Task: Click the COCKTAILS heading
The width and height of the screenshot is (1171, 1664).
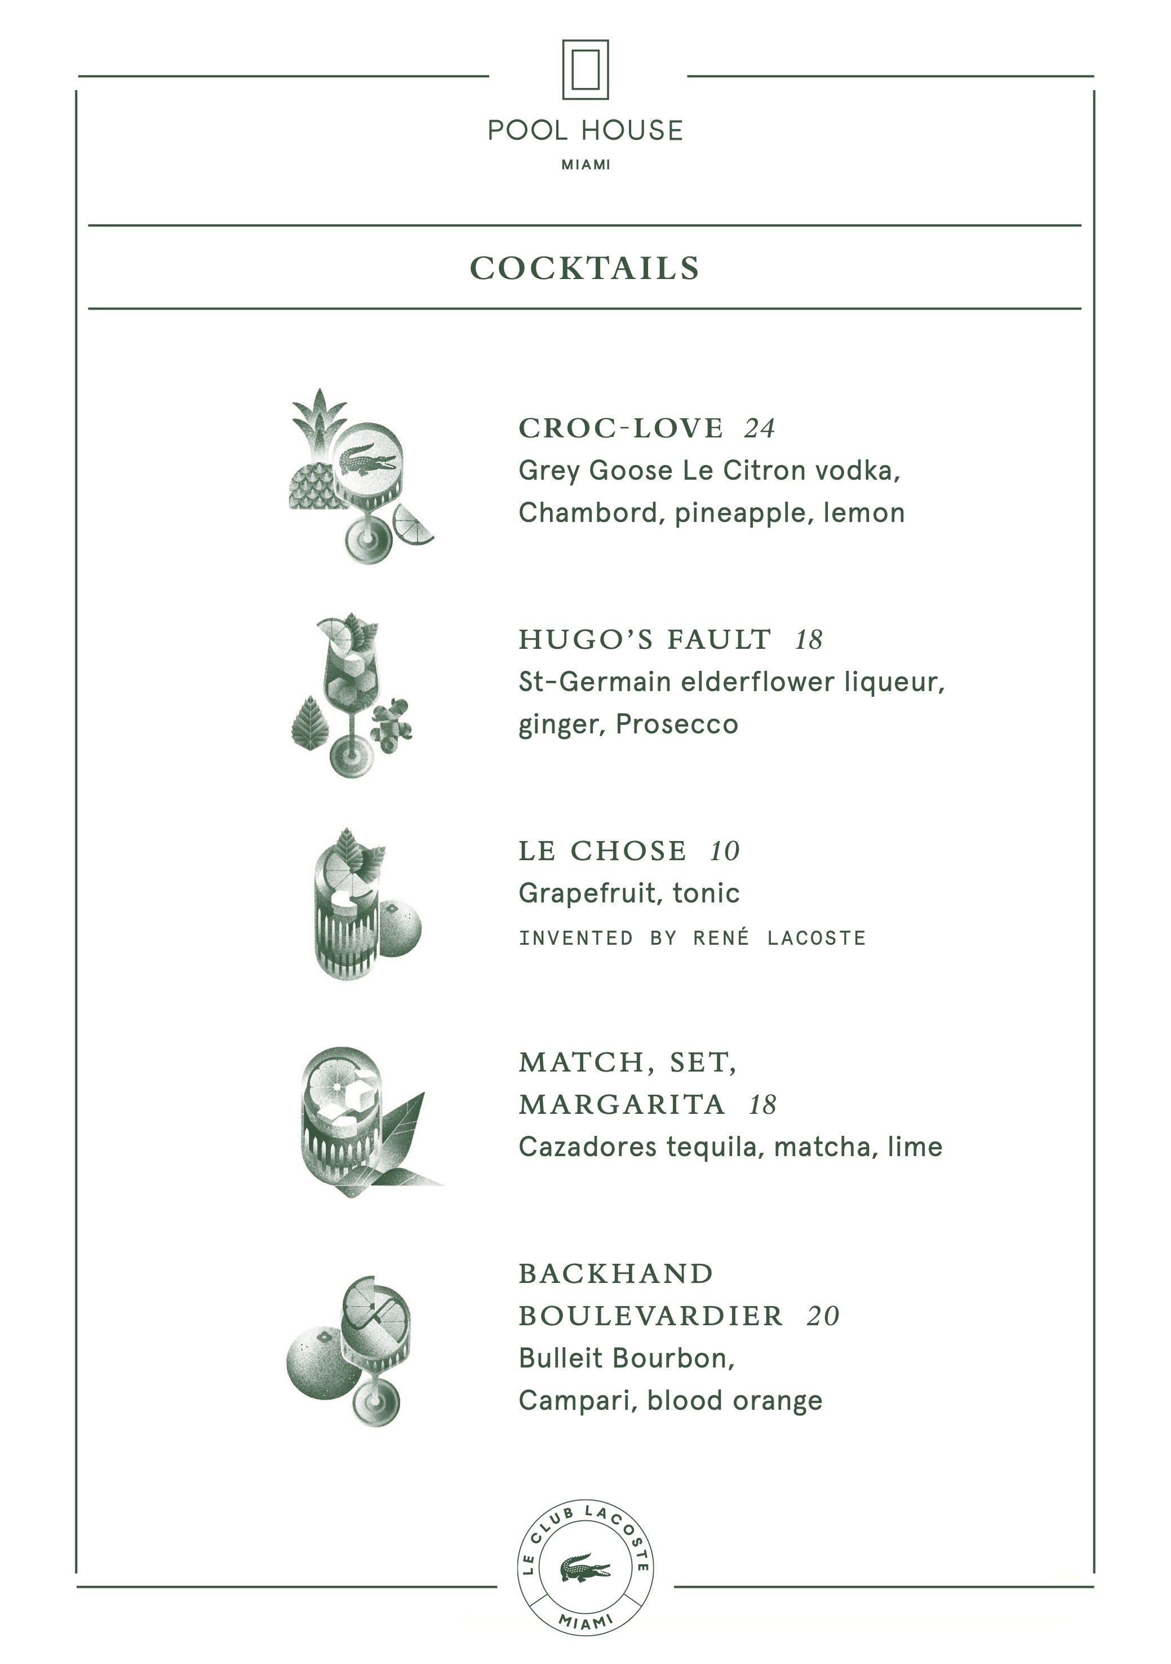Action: [585, 268]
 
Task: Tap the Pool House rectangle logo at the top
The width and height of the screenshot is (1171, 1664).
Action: [585, 69]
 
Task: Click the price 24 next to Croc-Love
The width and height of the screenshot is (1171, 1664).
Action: [760, 429]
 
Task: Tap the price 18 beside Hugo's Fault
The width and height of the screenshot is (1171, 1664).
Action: [809, 640]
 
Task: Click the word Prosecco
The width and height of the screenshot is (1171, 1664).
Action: [677, 724]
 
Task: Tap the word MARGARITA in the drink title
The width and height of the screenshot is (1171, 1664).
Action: [622, 1104]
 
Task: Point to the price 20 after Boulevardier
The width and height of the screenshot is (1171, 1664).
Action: [822, 1316]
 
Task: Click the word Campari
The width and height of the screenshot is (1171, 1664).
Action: [578, 1400]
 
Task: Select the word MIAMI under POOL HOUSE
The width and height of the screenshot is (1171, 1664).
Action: [585, 165]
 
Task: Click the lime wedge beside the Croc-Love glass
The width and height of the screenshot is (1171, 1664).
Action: [411, 523]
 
